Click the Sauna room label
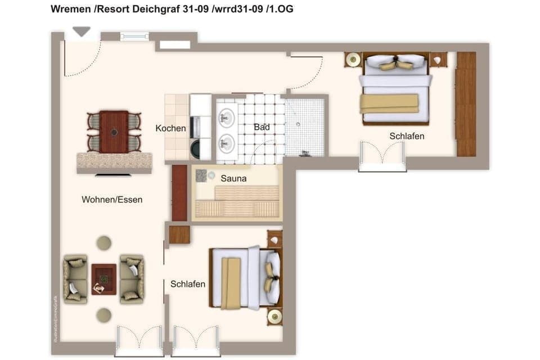233,179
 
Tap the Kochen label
170,128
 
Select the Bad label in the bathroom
262,127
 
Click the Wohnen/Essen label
112,200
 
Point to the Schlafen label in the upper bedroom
407,136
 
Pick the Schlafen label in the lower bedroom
188,284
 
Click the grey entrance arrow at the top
82,31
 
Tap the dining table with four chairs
114,132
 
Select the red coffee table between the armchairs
104,279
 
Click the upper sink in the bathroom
227,118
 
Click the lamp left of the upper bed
353,59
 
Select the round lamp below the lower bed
274,317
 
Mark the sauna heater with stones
202,175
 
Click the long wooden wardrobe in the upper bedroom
466,104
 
